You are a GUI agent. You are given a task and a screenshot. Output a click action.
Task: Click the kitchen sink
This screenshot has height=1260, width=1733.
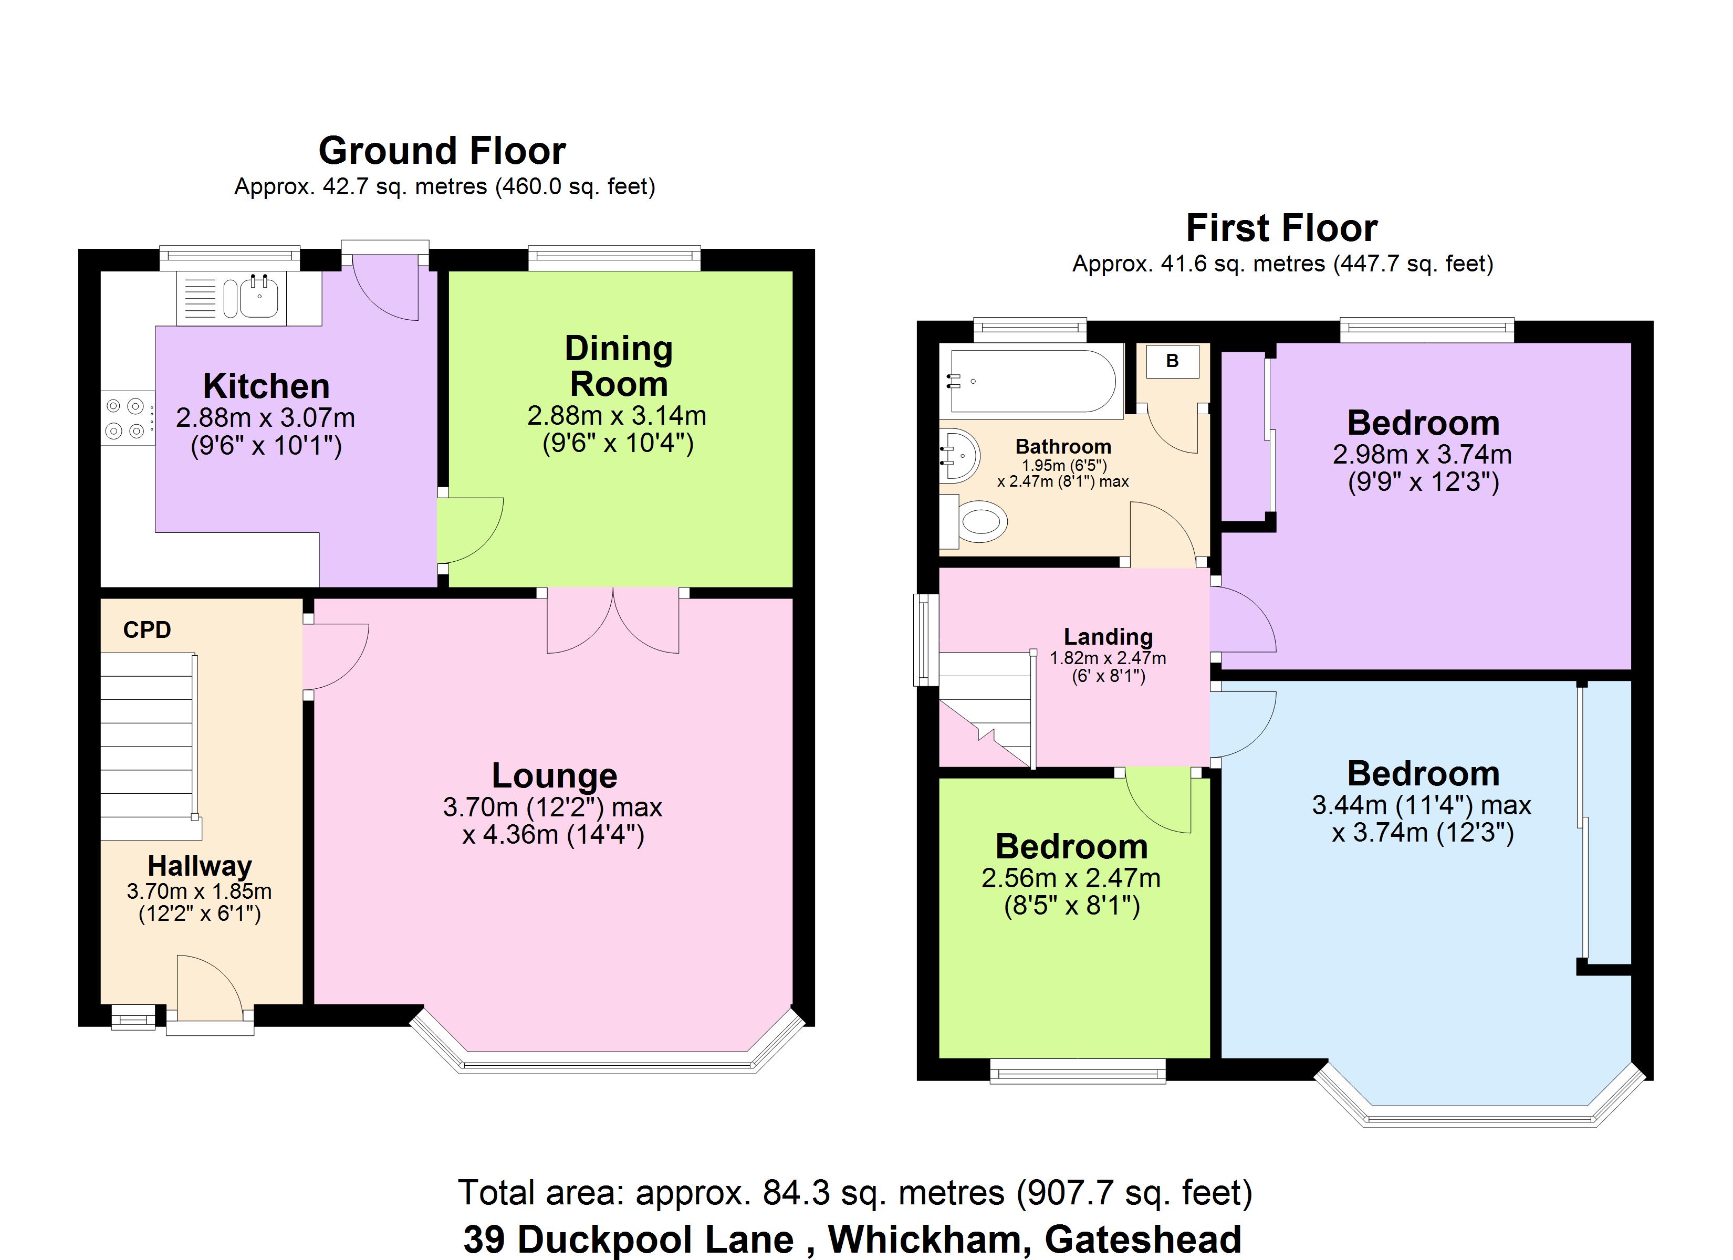point(259,297)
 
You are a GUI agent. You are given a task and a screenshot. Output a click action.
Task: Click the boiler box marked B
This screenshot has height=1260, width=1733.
point(1172,361)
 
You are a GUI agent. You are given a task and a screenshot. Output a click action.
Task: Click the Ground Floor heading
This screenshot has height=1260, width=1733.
point(442,151)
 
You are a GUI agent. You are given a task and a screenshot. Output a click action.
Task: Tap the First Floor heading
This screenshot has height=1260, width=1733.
point(1281,228)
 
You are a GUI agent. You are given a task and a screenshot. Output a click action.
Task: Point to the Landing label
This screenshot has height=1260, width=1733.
point(1108,636)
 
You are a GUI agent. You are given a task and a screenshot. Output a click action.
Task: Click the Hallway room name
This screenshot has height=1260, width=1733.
point(200,866)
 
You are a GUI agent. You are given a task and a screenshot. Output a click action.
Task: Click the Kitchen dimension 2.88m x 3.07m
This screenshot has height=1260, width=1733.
point(265,418)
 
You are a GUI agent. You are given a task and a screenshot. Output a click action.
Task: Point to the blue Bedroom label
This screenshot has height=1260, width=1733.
point(1423,773)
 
